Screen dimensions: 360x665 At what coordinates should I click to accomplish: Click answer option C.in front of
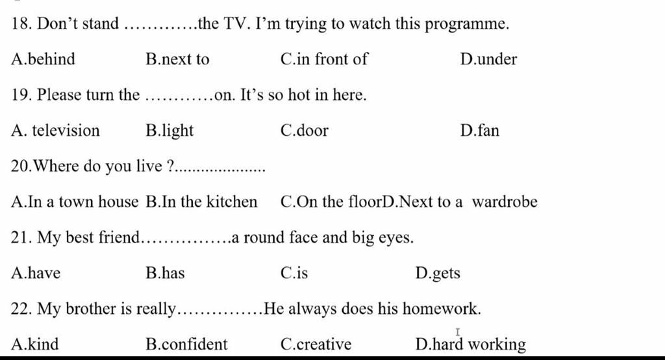(x=324, y=60)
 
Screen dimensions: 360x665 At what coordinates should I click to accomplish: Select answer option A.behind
(x=44, y=60)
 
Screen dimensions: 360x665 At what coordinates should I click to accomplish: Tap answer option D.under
(x=488, y=60)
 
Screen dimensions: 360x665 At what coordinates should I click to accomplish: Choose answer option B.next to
(x=178, y=60)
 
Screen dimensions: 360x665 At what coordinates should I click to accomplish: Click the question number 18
(x=21, y=25)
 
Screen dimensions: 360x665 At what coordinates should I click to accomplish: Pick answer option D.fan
(x=479, y=131)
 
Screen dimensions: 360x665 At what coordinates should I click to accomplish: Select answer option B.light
(x=170, y=131)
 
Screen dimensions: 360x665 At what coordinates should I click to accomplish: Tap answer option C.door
(x=305, y=131)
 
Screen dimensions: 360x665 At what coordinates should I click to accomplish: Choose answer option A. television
(x=56, y=131)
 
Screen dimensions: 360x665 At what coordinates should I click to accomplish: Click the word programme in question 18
(x=468, y=25)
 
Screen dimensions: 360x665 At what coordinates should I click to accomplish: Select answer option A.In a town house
(x=75, y=202)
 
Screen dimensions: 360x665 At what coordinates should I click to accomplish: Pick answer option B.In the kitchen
(x=202, y=202)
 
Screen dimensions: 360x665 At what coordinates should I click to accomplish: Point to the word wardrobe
(x=505, y=202)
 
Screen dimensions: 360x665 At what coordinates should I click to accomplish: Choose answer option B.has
(x=166, y=273)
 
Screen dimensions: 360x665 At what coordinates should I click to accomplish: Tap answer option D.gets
(x=437, y=273)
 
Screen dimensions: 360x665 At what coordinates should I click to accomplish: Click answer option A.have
(x=36, y=273)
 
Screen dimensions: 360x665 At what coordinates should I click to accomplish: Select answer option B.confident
(x=187, y=344)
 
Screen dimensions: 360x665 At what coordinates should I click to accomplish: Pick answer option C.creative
(x=316, y=344)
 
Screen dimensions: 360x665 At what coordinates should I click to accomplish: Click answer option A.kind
(x=35, y=344)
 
